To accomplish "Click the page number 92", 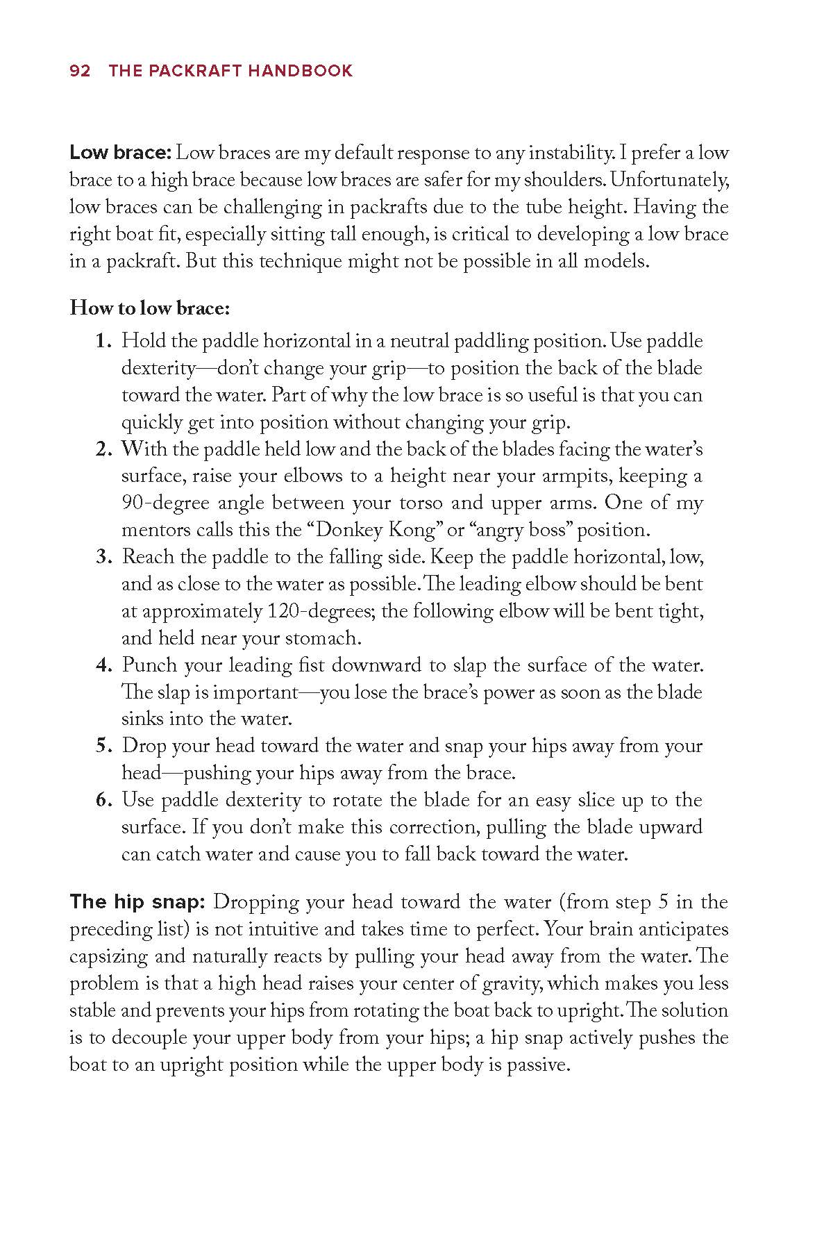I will tap(80, 71).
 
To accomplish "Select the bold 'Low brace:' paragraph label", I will tap(121, 153).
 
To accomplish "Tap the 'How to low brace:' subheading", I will tap(149, 308).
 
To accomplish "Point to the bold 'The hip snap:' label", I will tap(137, 902).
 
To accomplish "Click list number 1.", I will tap(103, 342).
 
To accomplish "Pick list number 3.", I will tap(103, 558).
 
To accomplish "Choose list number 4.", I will tap(103, 666).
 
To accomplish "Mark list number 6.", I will tap(103, 801).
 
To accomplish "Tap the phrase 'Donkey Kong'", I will tap(375, 531).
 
